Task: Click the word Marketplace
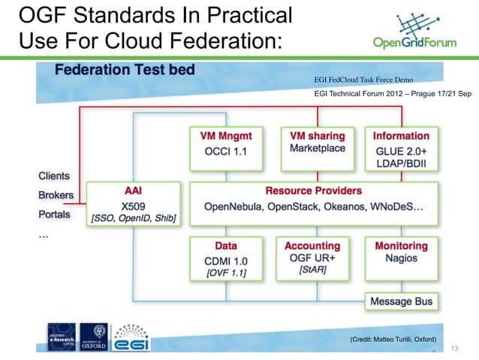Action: tap(317, 149)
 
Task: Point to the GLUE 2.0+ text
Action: tap(401, 150)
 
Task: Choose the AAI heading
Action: tap(132, 190)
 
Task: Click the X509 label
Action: tap(132, 204)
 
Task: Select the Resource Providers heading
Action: tap(313, 190)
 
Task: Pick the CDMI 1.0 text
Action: tap(226, 259)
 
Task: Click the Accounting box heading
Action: tap(312, 246)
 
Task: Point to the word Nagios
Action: tap(400, 259)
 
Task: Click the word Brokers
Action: tap(56, 195)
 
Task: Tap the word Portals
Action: tap(53, 214)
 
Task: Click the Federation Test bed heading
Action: tap(125, 70)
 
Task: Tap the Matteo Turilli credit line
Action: tap(393, 340)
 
